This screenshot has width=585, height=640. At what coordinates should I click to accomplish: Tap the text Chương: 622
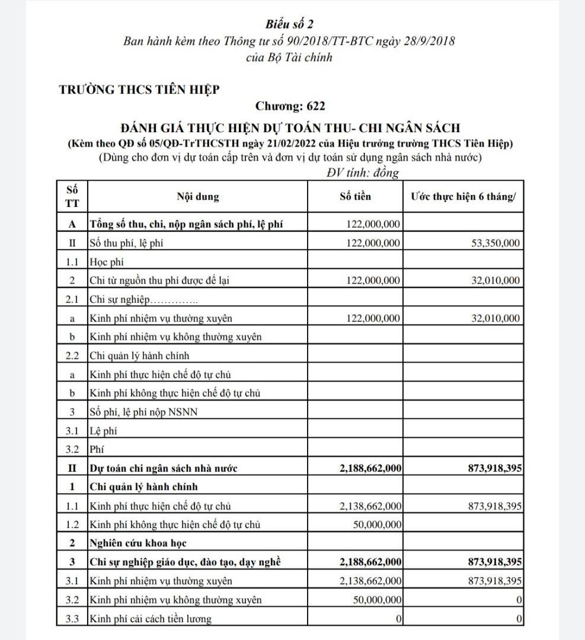290,107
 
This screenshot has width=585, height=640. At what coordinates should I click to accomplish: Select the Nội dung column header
198,197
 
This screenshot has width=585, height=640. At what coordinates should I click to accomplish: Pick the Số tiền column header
355,197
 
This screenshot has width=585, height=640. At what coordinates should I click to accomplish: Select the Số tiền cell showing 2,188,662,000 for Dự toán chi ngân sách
371,468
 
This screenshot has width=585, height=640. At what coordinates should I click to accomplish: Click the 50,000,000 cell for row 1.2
378,524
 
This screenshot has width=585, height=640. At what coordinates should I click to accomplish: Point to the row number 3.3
72,619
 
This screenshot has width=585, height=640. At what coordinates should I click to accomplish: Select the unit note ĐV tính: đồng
363,173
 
